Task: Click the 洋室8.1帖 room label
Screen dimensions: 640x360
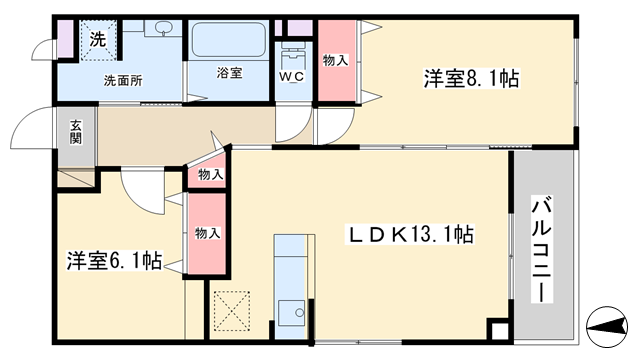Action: [x=471, y=79]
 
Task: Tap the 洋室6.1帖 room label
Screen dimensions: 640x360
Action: [x=115, y=260]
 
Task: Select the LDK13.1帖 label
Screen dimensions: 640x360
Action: [x=409, y=235]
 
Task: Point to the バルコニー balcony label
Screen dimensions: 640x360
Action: [x=541, y=249]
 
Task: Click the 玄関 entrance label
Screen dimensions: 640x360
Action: [x=76, y=132]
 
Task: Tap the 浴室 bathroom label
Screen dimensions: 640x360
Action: [x=229, y=73]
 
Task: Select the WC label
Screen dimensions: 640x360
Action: [x=291, y=76]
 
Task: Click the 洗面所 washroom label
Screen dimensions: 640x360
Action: [x=123, y=80]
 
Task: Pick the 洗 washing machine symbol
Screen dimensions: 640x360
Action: [x=98, y=40]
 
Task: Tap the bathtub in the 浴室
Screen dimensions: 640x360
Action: [x=229, y=39]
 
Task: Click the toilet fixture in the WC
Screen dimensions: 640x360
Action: [x=293, y=55]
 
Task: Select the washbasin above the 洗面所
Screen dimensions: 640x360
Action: [x=163, y=29]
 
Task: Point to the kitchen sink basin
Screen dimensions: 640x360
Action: [x=291, y=313]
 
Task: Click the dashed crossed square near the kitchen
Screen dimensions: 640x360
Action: [x=232, y=310]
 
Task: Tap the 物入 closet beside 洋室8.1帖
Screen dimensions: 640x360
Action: [x=336, y=60]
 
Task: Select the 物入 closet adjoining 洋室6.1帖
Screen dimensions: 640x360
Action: [x=207, y=233]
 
